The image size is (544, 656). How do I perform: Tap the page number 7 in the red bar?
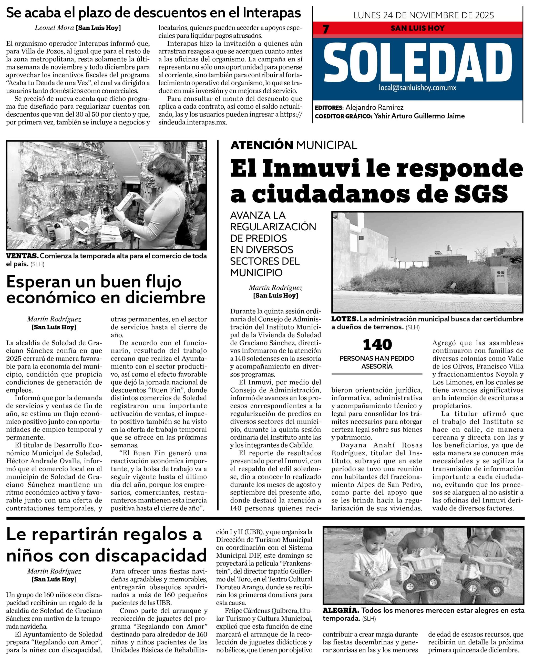(x=326, y=29)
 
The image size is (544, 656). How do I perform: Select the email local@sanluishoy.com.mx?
(x=417, y=88)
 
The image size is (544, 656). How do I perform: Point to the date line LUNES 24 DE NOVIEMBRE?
(x=424, y=15)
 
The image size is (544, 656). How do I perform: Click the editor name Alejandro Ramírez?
(x=374, y=107)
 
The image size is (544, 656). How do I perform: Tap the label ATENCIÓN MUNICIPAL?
(x=294, y=145)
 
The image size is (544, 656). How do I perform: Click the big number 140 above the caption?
(x=377, y=345)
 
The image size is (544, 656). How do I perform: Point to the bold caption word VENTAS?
(x=22, y=256)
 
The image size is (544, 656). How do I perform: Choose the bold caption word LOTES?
(x=344, y=319)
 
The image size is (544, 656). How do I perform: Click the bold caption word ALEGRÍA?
(x=341, y=610)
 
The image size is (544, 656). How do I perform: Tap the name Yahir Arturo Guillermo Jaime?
(x=419, y=116)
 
